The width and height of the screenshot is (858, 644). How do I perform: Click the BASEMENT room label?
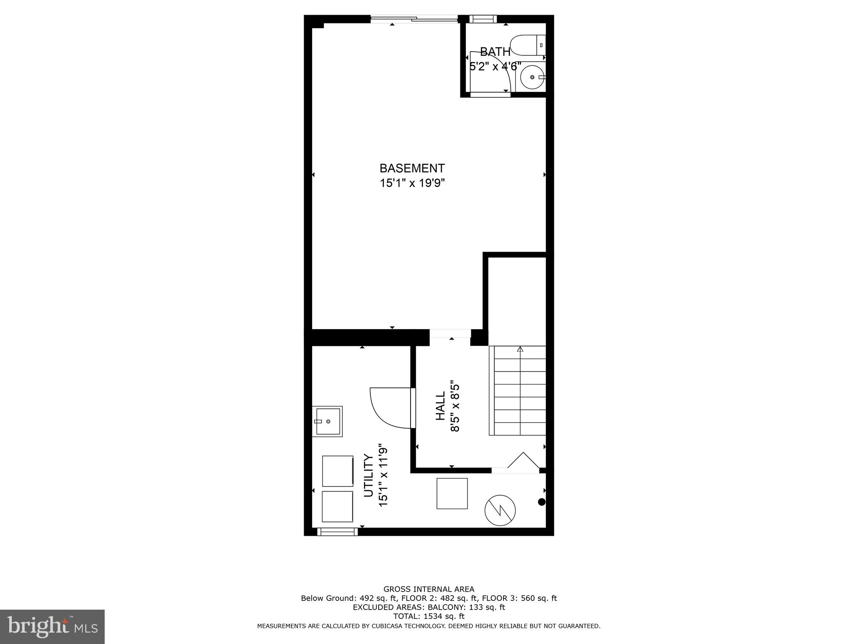click(412, 168)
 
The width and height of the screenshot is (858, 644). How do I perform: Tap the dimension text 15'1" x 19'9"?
click(412, 183)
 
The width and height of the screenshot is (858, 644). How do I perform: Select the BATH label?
click(495, 52)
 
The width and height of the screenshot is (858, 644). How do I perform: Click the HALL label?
click(440, 406)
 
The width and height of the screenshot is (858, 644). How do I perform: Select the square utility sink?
click(328, 421)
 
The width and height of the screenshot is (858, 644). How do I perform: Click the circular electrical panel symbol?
click(500, 510)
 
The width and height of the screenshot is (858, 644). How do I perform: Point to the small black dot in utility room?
click(542, 502)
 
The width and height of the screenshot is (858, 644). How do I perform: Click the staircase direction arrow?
click(520, 349)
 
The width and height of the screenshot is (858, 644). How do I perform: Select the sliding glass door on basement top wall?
click(414, 18)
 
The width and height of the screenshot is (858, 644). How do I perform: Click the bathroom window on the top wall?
click(483, 18)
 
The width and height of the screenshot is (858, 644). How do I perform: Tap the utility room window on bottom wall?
click(338, 532)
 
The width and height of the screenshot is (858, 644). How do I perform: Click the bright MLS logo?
click(52, 626)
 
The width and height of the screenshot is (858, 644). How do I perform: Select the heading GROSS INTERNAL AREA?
click(429, 589)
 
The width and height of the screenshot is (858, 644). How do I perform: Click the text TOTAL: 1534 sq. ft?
click(429, 616)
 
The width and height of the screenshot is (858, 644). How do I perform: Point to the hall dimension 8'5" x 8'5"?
click(455, 406)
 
